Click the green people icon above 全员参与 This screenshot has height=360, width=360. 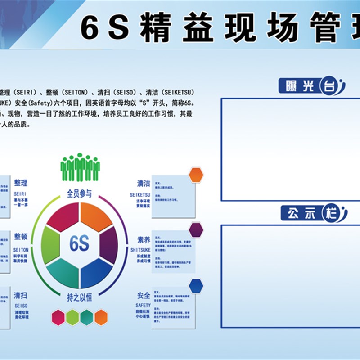(x=80, y=167)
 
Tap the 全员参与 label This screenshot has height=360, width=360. (x=80, y=194)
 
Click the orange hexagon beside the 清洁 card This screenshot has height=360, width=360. (x=196, y=175)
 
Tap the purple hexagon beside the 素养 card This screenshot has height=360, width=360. (x=196, y=230)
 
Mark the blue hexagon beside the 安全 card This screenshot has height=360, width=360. (x=196, y=285)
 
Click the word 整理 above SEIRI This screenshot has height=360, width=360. (x=21, y=183)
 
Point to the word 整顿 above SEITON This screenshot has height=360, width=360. (x=21, y=237)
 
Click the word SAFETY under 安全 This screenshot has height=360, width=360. (x=143, y=305)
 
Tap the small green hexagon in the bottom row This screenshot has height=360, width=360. (x=72, y=317)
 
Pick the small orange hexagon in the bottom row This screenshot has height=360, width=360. (x=101, y=317)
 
